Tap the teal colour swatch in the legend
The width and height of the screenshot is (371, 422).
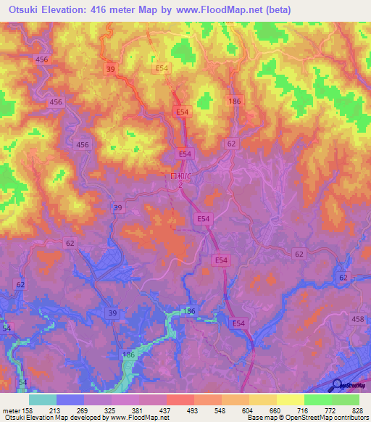pyautogui.click(x=43, y=400)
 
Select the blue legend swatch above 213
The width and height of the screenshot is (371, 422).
pyautogui.click(x=70, y=400)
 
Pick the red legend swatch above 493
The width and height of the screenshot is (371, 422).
pyautogui.click(x=180, y=400)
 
